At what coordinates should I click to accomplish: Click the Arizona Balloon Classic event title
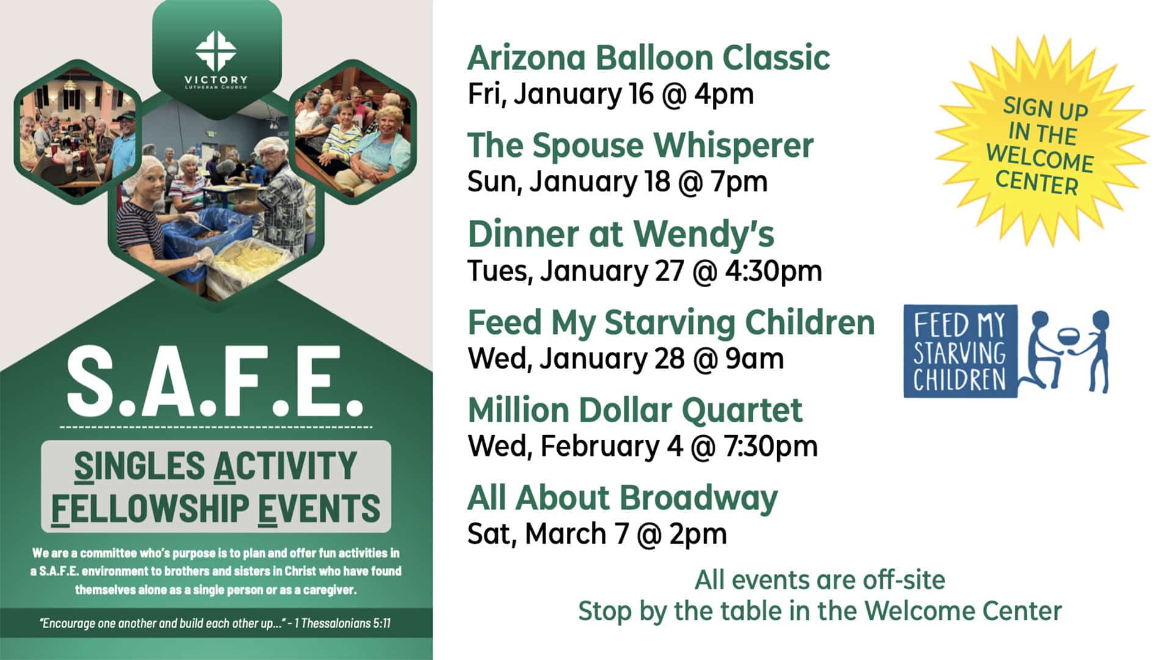click(648, 58)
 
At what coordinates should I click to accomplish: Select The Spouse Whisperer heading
click(640, 145)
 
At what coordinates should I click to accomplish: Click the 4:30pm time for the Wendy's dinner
click(773, 271)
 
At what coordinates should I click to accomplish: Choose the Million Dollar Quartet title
click(635, 409)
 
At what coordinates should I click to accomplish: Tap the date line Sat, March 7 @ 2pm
click(597, 533)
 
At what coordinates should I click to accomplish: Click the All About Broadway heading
click(622, 497)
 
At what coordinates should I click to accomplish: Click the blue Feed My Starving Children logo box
click(960, 351)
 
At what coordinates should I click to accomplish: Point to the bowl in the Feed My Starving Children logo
click(1067, 335)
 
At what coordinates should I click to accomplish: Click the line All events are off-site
click(819, 580)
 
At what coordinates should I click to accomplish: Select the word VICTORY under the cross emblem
click(216, 79)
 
